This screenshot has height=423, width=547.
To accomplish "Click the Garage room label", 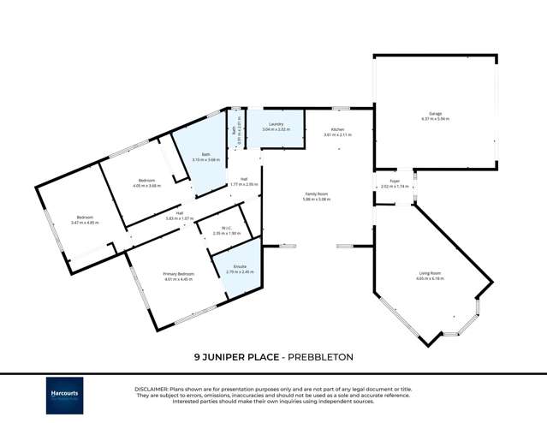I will click(x=435, y=113).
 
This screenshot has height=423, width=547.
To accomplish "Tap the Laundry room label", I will click(x=276, y=124).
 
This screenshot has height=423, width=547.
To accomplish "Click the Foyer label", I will click(x=395, y=181).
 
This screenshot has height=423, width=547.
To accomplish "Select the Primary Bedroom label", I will click(x=179, y=273).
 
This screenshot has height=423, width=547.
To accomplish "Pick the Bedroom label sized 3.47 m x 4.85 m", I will click(x=84, y=217).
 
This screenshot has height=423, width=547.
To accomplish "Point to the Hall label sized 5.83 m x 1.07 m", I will click(x=181, y=212).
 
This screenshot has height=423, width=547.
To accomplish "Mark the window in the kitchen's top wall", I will click(x=341, y=108).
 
